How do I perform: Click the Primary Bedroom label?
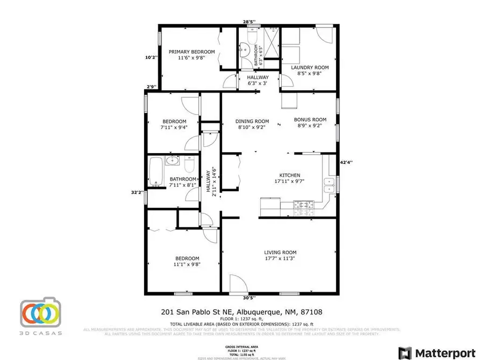(x=191, y=52)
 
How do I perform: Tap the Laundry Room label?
(x=309, y=68)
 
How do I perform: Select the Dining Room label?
(x=252, y=121)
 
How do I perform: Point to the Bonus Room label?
(x=310, y=120)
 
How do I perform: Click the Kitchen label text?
(x=289, y=175)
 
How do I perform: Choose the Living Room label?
(x=280, y=253)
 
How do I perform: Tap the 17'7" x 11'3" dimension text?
(x=280, y=259)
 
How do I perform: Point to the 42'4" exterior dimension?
(x=346, y=160)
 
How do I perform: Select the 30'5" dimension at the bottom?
(x=249, y=298)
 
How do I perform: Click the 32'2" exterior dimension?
(x=138, y=192)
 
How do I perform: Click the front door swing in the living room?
(x=236, y=283)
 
